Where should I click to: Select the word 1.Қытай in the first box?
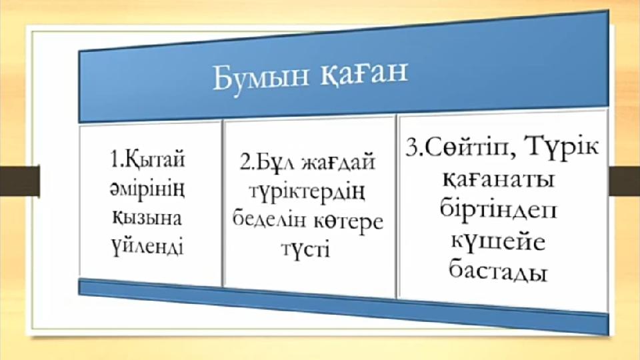(x=148, y=161)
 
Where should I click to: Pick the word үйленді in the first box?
(x=148, y=247)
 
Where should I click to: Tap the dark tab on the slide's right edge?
(x=625, y=181)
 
